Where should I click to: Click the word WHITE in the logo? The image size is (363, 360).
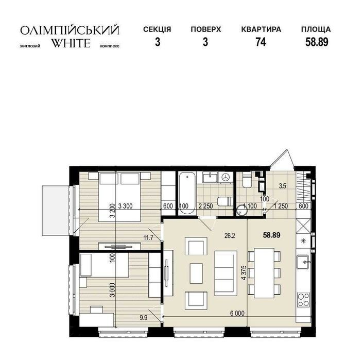[x=71, y=43]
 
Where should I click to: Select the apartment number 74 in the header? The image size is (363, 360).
[x=261, y=42]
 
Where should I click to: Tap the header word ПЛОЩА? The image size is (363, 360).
[x=316, y=30]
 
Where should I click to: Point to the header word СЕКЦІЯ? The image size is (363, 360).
[x=157, y=29]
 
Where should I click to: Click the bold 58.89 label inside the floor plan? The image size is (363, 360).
[x=271, y=235]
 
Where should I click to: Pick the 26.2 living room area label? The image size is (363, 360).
[x=230, y=236]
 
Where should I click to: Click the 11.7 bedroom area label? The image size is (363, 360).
[x=148, y=237]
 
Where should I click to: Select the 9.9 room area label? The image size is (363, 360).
[x=144, y=318]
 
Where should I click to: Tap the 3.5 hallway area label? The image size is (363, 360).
[x=283, y=186]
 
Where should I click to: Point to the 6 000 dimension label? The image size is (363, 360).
[x=237, y=314]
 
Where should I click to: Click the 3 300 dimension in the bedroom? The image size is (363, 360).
[x=125, y=206]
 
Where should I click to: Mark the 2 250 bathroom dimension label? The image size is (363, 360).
[x=205, y=206]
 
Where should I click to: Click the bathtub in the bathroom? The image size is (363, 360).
[x=187, y=193]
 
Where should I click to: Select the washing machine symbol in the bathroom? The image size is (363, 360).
[x=225, y=177]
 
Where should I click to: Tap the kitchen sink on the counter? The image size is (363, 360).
[x=303, y=262]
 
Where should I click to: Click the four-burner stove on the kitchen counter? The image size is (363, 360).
[x=303, y=300]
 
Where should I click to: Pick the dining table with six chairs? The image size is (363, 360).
[x=264, y=273]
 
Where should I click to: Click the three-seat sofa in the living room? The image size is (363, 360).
[x=226, y=273]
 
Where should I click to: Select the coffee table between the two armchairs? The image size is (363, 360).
[x=196, y=273]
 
